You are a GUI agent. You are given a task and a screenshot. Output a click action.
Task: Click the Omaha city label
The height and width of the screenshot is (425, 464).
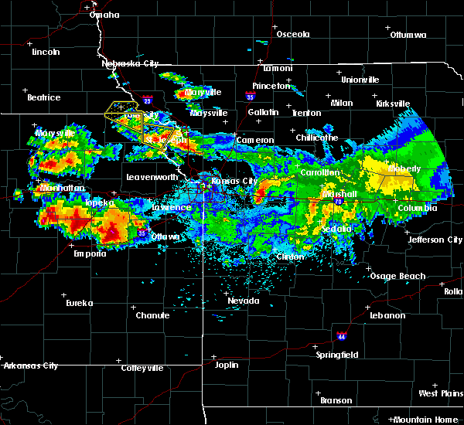click(104, 15)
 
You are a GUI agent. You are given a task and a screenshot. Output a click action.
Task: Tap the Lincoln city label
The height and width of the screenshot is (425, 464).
click(46, 52)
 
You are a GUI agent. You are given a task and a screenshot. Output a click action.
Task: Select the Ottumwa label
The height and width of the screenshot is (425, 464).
click(408, 35)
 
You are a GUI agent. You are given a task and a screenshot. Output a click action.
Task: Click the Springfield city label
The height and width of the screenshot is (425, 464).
click(337, 355)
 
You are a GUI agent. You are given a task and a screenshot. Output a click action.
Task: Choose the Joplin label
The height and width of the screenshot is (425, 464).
click(227, 365)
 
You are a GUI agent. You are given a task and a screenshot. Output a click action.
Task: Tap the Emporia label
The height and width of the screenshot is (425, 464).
click(90, 253)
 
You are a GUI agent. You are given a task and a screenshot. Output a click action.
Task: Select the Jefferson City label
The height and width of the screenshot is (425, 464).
click(435, 240)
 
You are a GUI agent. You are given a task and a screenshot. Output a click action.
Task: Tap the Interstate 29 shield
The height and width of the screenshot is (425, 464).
click(148, 100)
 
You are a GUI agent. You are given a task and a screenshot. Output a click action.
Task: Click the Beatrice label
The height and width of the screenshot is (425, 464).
click(43, 97)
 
